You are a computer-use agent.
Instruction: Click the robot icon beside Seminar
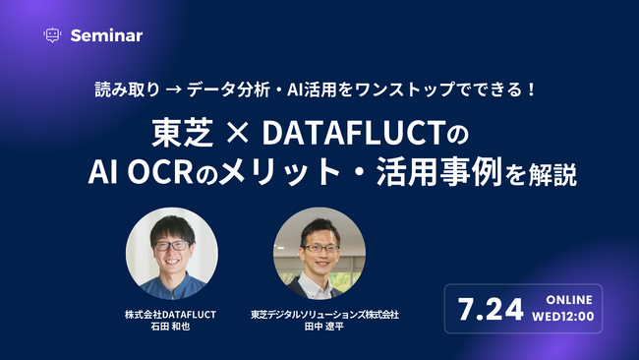click(52, 34)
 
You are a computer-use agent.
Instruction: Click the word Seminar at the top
click(106, 35)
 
